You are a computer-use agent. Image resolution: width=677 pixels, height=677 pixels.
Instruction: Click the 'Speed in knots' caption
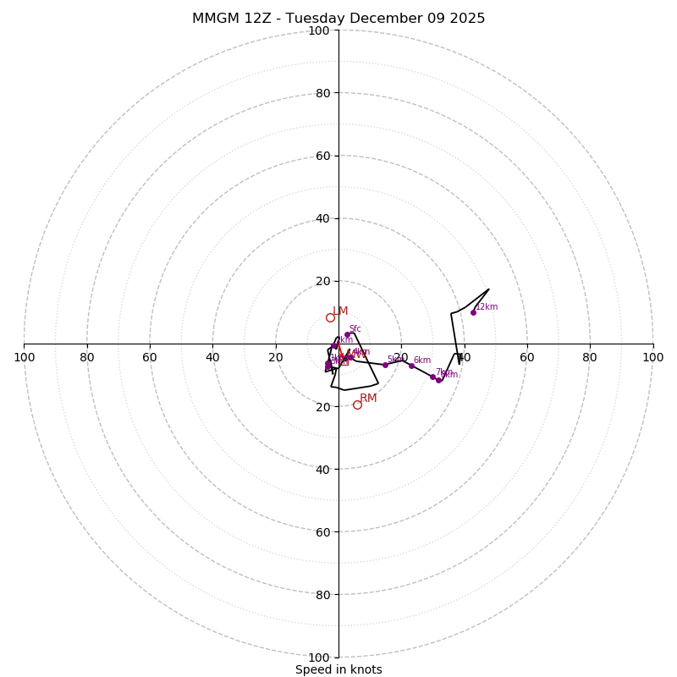pyautogui.click(x=338, y=669)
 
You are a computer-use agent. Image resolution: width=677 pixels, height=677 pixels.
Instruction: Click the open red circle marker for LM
pyautogui.click(x=330, y=317)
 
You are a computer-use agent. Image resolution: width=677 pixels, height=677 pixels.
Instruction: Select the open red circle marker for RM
pyautogui.click(x=357, y=405)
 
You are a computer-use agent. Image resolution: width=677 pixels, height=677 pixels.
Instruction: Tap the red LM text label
pyautogui.click(x=340, y=311)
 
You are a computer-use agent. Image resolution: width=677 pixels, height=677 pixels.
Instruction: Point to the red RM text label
pyautogui.click(x=368, y=398)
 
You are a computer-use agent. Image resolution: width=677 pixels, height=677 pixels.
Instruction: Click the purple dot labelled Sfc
pyautogui.click(x=347, y=334)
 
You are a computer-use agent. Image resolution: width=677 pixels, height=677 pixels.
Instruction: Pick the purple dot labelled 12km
pyautogui.click(x=473, y=312)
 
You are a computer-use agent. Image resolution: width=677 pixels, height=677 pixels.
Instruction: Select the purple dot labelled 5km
pyautogui.click(x=385, y=365)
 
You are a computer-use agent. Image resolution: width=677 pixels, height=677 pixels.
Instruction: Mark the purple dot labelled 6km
pyautogui.click(x=411, y=366)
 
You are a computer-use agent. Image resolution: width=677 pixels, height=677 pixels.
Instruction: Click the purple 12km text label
pyautogui.click(x=487, y=306)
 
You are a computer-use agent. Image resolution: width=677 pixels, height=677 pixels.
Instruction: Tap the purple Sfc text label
pyautogui.click(x=355, y=328)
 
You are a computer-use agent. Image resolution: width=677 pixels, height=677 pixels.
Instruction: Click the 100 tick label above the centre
pyautogui.click(x=319, y=30)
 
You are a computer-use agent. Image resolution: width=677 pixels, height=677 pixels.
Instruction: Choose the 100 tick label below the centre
pyautogui.click(x=319, y=657)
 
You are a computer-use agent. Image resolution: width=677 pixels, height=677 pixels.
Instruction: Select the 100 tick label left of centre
pyautogui.click(x=25, y=357)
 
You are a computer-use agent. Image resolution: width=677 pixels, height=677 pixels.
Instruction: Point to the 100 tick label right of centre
pyautogui.click(x=652, y=357)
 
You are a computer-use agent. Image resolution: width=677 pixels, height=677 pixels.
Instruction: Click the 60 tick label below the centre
pyautogui.click(x=322, y=531)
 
